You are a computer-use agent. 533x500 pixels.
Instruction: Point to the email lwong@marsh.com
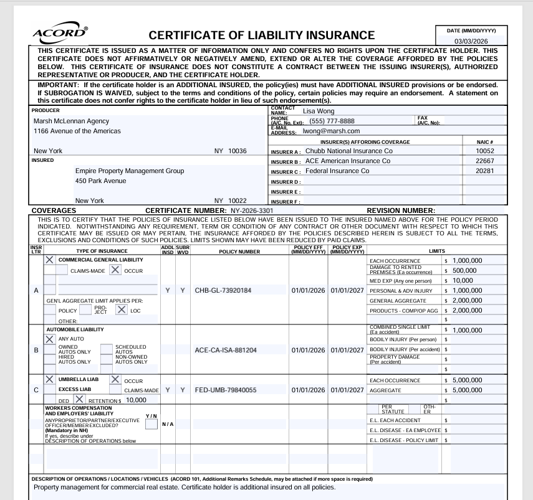[x=332, y=131]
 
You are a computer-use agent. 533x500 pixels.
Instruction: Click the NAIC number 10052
[x=484, y=151]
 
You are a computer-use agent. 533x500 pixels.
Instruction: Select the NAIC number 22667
[x=484, y=161]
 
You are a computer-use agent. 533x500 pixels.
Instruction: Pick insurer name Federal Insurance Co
[x=337, y=171]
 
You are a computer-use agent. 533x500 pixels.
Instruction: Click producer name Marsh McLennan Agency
[x=71, y=121]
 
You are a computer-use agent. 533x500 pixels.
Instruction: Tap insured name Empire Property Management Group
[x=130, y=171]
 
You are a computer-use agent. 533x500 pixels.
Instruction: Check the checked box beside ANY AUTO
[x=50, y=339]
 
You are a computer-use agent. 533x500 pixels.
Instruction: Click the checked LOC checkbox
[x=121, y=309]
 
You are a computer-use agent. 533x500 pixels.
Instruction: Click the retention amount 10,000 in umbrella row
[x=135, y=400]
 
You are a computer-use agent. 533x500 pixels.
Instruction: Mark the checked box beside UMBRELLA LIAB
[x=50, y=379]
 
